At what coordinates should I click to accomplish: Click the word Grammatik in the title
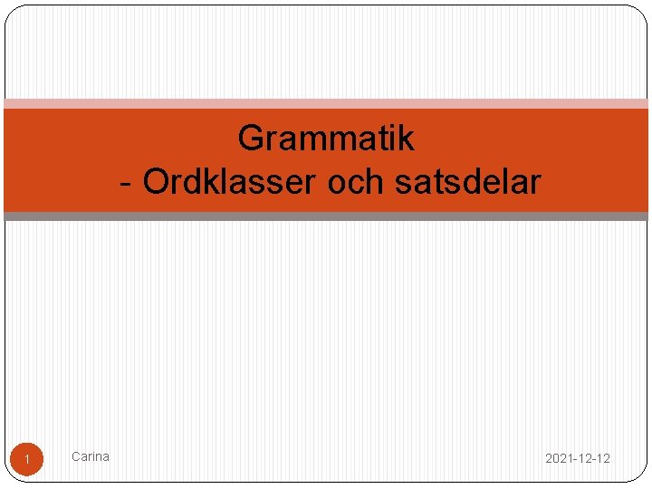pyautogui.click(x=326, y=139)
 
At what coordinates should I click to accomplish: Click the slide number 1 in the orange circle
pyautogui.click(x=27, y=461)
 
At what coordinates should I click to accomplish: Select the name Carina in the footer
pyautogui.click(x=91, y=456)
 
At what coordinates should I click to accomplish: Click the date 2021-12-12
pyautogui.click(x=577, y=458)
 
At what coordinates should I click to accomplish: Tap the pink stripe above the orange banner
pyautogui.click(x=326, y=104)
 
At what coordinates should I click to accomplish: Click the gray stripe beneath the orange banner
pyautogui.click(x=326, y=216)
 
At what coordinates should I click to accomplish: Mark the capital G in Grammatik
pyautogui.click(x=251, y=139)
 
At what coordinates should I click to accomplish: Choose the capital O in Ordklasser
pyautogui.click(x=156, y=182)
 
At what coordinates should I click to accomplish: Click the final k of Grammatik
pyautogui.click(x=406, y=139)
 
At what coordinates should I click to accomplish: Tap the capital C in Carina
pyautogui.click(x=76, y=456)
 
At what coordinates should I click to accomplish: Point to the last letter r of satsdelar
pyautogui.click(x=534, y=182)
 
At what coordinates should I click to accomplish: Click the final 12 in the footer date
pyautogui.click(x=603, y=458)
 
